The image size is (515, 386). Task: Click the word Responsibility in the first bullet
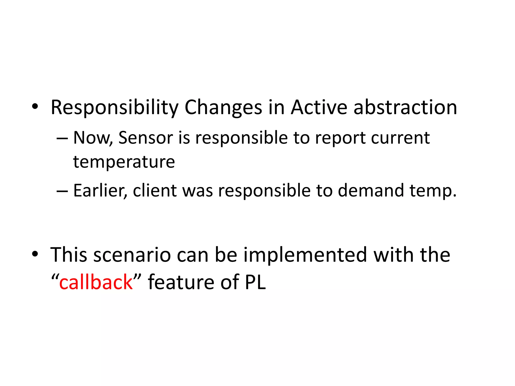(x=114, y=108)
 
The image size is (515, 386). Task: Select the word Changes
(x=223, y=108)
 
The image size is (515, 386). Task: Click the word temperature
(x=124, y=162)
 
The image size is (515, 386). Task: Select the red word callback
(x=96, y=282)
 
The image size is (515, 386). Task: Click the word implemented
(x=306, y=255)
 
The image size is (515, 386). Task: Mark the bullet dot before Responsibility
(x=35, y=107)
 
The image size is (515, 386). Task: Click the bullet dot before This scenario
(x=35, y=254)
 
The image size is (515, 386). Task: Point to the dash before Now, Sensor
(x=62, y=138)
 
